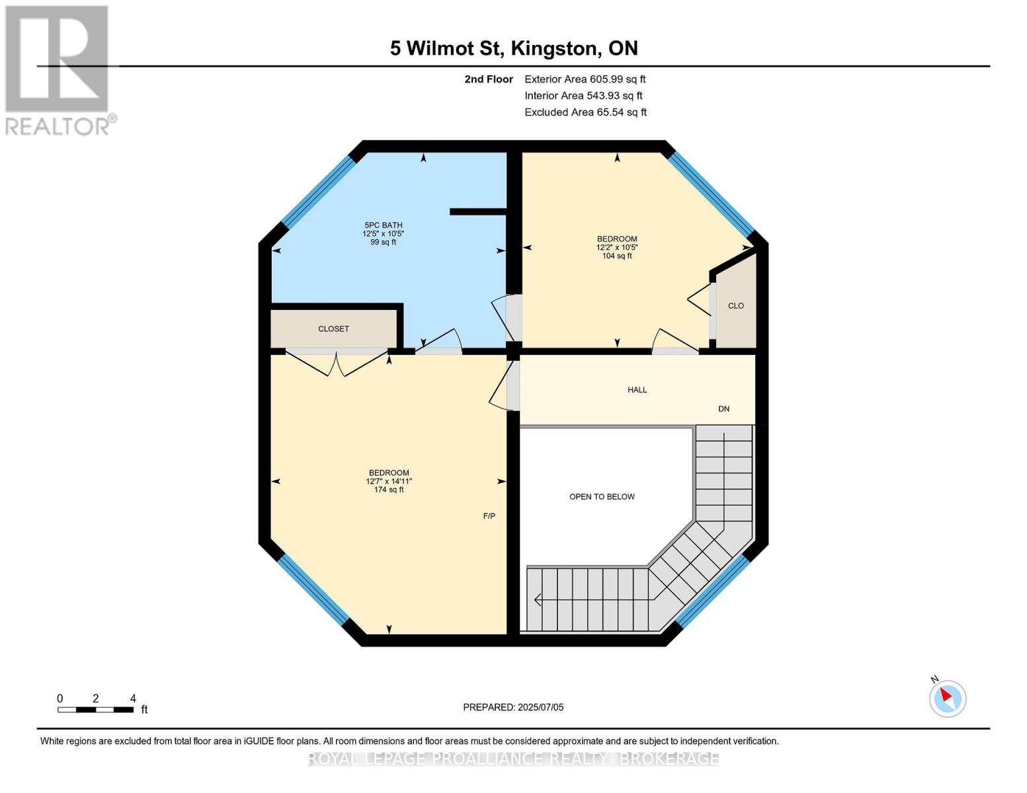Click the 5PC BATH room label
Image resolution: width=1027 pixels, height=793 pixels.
coord(383,225)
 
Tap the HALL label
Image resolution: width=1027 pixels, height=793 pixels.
coord(637,390)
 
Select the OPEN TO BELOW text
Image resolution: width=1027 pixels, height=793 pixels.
coord(602,497)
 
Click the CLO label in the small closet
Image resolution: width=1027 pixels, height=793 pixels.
coord(735,306)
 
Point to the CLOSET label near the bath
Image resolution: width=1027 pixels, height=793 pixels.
coord(333,329)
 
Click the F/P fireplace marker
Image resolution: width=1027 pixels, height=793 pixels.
coord(489,516)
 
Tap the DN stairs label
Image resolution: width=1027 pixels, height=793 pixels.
coord(723,409)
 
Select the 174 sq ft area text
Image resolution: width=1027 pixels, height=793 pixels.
coord(389,490)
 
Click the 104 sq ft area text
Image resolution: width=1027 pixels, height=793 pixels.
coord(616,256)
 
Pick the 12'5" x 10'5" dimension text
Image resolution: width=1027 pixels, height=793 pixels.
coord(383,234)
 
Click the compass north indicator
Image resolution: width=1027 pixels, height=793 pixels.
coord(947,697)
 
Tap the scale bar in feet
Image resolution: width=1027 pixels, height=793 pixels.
coord(96,710)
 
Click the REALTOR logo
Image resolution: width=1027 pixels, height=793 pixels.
coord(58,69)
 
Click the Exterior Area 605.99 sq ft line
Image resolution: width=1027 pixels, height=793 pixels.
coord(585,79)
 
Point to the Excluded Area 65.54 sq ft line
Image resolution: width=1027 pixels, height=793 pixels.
coord(585,112)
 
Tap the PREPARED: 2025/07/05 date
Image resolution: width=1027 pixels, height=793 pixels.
coord(513,707)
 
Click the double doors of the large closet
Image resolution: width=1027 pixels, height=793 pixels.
coord(337,363)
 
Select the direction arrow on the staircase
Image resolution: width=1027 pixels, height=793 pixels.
coord(538,600)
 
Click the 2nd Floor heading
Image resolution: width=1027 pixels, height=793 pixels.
coord(489,79)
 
